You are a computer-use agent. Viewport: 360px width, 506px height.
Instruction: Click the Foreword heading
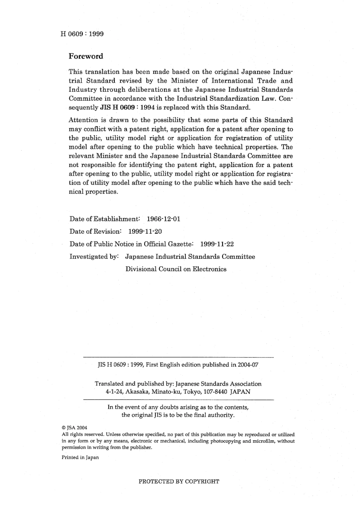click(x=86, y=56)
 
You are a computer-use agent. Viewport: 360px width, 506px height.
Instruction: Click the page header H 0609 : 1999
click(x=82, y=34)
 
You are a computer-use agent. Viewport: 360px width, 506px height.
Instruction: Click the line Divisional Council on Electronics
click(x=176, y=269)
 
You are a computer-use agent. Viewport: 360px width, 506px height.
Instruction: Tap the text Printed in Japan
click(x=80, y=458)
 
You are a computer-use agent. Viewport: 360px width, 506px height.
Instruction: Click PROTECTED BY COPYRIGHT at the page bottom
click(x=179, y=482)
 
